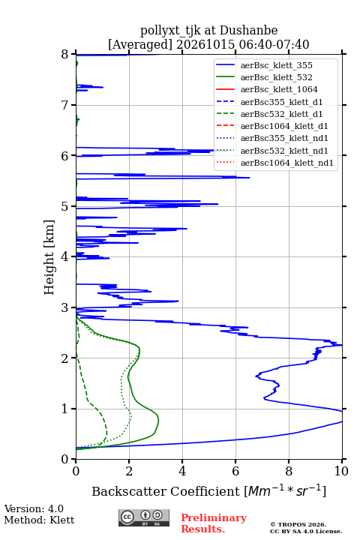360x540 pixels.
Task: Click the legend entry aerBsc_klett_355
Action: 276,65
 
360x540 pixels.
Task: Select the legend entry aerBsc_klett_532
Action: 276,77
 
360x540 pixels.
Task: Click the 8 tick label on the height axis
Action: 65,55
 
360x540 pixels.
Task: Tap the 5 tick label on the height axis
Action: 65,207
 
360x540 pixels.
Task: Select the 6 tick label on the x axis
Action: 235,471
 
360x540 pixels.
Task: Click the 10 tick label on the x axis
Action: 341,471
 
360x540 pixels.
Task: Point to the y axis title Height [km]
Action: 49,257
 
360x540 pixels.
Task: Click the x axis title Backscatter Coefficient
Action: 166,491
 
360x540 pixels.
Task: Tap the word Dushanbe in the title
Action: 248,31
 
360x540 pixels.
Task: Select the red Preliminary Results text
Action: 214,523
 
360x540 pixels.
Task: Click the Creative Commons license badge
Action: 144,517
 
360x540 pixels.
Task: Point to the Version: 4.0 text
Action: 34,508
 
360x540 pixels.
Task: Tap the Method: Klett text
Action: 39,520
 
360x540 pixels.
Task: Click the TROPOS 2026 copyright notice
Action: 298,524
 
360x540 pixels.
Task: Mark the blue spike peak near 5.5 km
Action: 250,178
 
